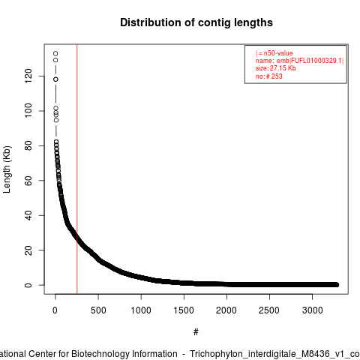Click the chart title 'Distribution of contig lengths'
click(196, 22)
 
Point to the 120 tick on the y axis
click(28, 76)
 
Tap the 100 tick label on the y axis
click(28, 111)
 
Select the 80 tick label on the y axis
click(28, 145)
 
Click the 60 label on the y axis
click(28, 181)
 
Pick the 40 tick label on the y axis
click(28, 215)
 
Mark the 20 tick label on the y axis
click(28, 250)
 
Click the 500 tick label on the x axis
click(98, 310)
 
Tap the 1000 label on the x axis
click(141, 310)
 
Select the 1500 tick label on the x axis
click(184, 310)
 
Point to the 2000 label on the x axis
click(226, 310)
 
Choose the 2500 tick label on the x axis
click(269, 310)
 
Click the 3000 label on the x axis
click(312, 310)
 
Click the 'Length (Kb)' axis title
click(7, 169)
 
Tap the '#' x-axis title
click(196, 332)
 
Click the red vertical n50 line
click(77, 169)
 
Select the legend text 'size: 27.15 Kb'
click(275, 68)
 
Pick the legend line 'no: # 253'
click(268, 76)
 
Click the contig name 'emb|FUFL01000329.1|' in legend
click(310, 61)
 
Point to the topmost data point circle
click(55, 53)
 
